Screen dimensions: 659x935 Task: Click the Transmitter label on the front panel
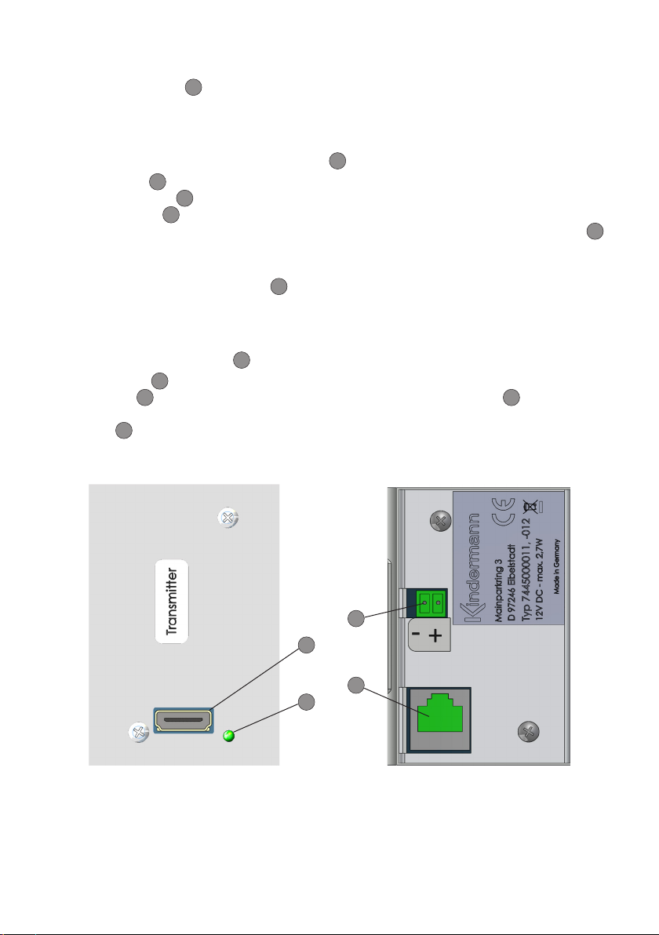point(172,602)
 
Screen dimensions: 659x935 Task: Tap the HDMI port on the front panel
point(184,720)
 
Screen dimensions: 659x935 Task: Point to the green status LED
point(228,736)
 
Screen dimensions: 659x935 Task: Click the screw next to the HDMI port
point(139,732)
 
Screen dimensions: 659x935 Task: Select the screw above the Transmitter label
point(228,518)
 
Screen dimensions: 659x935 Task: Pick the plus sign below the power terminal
point(435,635)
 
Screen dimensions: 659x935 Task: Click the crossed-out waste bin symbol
point(530,507)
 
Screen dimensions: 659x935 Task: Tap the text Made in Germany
point(556,566)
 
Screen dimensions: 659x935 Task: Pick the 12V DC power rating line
point(539,580)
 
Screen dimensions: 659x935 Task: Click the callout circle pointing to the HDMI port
point(306,646)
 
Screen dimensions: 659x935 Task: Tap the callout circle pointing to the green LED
point(306,702)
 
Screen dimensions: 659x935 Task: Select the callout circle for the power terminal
point(356,618)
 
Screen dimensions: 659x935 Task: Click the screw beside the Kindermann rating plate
point(441,522)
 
